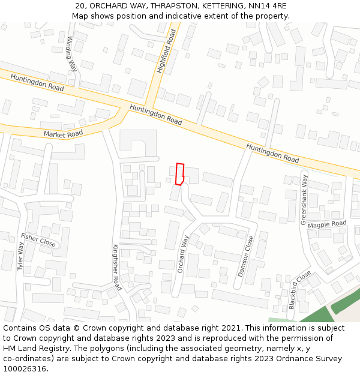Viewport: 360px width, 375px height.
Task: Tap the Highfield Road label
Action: (166, 53)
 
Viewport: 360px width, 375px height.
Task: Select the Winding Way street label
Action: (71, 54)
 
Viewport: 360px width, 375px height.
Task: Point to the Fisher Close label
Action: (38, 241)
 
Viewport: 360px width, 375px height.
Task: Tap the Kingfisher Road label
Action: (117, 267)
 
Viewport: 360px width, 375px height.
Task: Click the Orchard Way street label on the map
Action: (183, 254)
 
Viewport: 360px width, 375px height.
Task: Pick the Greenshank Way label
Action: (304, 200)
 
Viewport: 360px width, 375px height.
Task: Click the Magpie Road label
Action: (327, 224)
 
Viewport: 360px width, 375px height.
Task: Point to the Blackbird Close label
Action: (299, 290)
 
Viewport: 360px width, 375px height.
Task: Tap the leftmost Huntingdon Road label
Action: (37, 84)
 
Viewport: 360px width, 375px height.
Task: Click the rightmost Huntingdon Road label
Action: (272, 153)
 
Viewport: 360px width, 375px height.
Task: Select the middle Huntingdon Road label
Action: (156, 115)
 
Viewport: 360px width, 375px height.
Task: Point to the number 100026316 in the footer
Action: (24, 368)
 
